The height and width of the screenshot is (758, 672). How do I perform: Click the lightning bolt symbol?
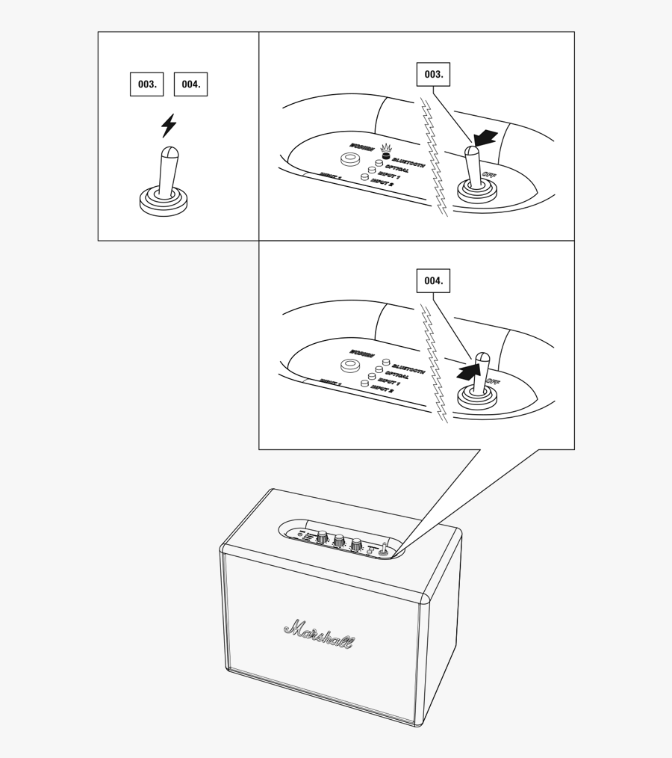pyautogui.click(x=169, y=126)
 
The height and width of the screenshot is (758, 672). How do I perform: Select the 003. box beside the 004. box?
pyautogui.click(x=147, y=84)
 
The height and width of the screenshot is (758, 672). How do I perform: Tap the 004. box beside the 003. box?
pyautogui.click(x=190, y=84)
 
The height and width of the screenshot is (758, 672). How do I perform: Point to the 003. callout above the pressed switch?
pyautogui.click(x=434, y=74)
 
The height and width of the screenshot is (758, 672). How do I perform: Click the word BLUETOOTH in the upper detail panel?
pyautogui.click(x=408, y=162)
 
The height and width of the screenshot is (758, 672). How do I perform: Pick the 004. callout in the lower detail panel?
pyautogui.click(x=434, y=280)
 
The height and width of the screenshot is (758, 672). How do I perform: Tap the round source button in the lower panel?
pyautogui.click(x=349, y=366)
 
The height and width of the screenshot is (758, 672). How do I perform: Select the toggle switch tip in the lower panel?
pyautogui.click(x=482, y=357)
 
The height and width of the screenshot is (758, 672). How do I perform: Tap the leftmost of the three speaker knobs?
pyautogui.click(x=323, y=537)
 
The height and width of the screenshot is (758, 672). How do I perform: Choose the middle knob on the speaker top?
pyautogui.click(x=339, y=540)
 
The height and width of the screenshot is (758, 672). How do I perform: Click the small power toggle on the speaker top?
pyautogui.click(x=385, y=550)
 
